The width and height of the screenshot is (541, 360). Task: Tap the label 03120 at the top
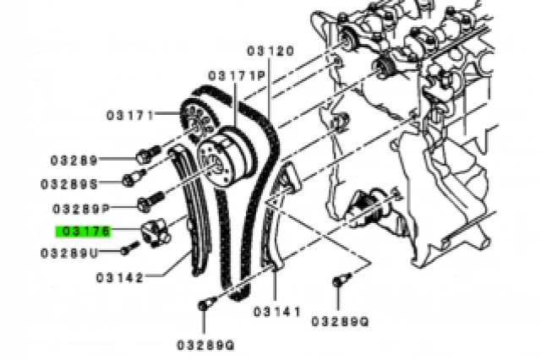270,52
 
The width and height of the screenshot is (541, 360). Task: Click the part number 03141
276,312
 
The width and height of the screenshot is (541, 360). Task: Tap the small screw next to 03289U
128,248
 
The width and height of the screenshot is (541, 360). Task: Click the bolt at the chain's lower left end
204,305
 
